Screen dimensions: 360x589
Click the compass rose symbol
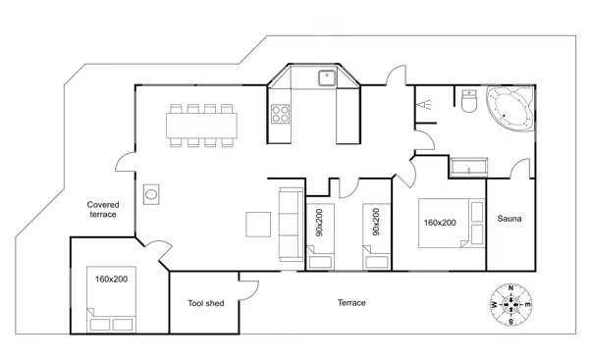tap(510, 305)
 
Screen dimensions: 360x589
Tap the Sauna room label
tap(509, 218)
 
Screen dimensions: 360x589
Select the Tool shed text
tap(205, 303)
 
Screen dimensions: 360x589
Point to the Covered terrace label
tap(103, 209)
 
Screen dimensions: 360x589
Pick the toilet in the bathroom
tap(467, 102)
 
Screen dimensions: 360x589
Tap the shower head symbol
tap(426, 102)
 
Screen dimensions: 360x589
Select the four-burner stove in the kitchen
tap(280, 113)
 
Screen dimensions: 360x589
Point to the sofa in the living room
tap(291, 225)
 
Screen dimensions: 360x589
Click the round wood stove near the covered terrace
tap(152, 193)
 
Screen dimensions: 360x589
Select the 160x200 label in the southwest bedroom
tap(113, 280)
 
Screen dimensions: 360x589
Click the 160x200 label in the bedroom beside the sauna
tap(439, 223)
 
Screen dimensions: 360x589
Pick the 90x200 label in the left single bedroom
tap(318, 225)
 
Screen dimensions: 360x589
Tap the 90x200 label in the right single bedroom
tap(375, 225)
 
